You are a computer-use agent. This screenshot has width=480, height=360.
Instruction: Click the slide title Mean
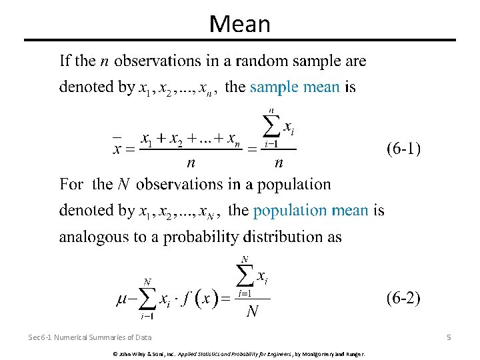(240, 24)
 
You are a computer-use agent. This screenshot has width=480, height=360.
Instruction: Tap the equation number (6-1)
(403, 149)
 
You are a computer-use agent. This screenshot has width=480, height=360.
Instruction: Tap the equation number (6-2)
(403, 298)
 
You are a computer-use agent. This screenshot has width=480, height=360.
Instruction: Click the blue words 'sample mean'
(295, 87)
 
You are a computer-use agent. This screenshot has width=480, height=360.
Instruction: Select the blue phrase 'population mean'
(311, 211)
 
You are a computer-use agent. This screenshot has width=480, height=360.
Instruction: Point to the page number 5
(449, 337)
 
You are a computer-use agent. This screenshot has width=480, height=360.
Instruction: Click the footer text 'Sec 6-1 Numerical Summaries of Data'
(90, 338)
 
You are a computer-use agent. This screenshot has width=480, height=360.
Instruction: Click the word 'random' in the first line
(257, 61)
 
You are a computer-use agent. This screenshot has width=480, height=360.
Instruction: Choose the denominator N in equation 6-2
(253, 311)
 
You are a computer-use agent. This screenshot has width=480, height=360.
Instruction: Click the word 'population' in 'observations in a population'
(294, 184)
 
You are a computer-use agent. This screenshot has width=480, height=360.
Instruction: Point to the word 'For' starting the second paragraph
(71, 184)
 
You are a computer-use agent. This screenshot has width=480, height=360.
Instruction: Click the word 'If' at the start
(65, 61)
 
